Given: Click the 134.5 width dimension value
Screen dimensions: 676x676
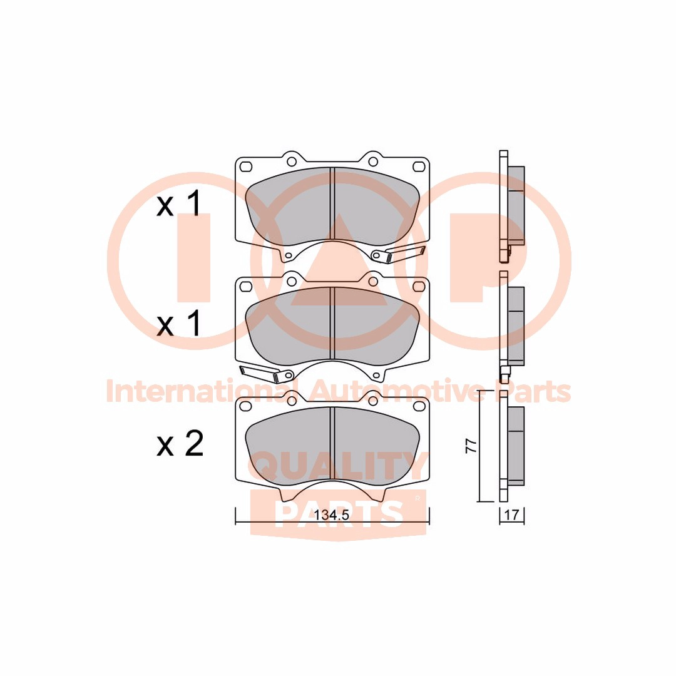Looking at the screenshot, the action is (331, 515).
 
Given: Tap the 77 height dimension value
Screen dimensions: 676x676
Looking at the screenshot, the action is (471, 446).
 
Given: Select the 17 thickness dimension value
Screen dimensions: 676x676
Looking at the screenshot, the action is (511, 515).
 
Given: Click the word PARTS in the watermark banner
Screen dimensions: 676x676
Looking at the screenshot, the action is (339, 513).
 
